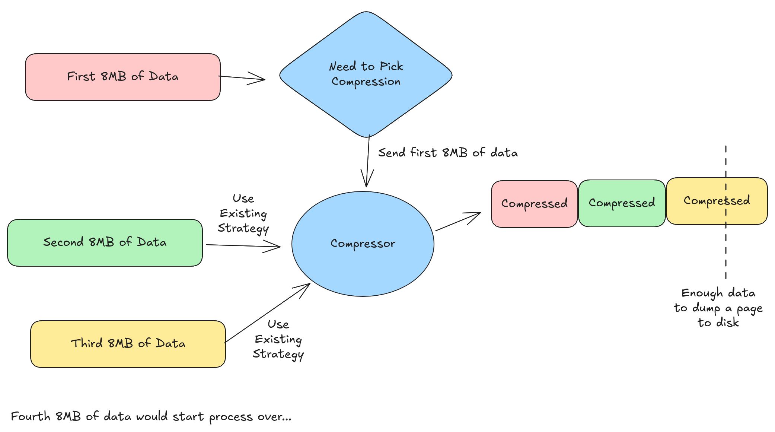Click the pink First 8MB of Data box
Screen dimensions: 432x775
[x=122, y=77]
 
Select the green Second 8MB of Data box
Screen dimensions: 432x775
[x=105, y=242]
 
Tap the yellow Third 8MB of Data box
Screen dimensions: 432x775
[x=128, y=344]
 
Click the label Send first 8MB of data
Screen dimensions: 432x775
[x=448, y=153]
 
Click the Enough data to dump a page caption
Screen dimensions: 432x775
[x=718, y=308]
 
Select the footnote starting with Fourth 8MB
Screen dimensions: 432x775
[x=151, y=416]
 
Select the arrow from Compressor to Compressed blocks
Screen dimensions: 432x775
[x=458, y=222]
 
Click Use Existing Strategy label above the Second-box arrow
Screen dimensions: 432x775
[x=243, y=213]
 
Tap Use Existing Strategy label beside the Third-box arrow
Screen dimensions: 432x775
[x=278, y=339]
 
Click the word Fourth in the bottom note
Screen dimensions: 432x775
[x=31, y=416]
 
